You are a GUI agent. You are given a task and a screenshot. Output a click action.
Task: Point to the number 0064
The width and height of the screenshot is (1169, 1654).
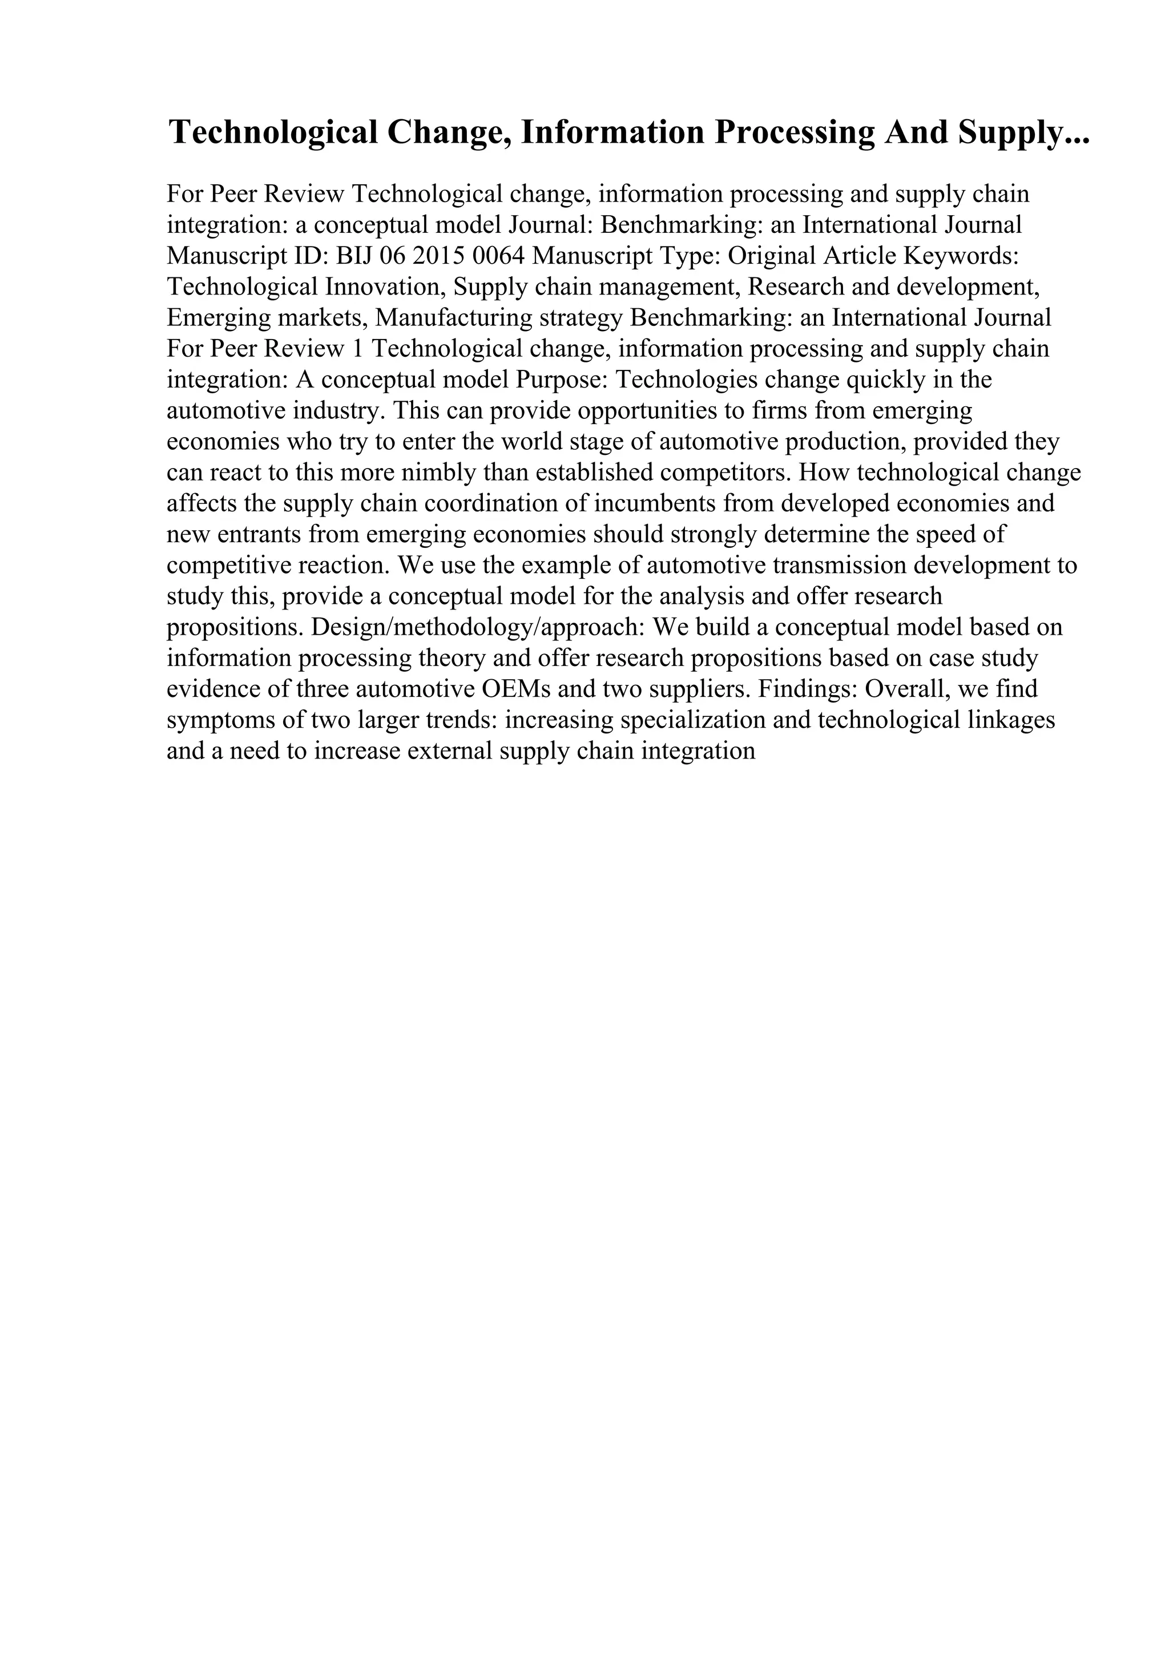498,256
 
